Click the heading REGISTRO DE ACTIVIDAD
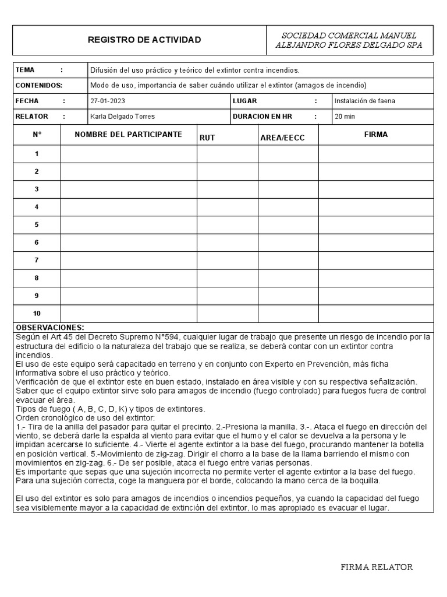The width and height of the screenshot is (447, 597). [144, 40]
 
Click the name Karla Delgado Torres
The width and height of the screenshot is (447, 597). [122, 117]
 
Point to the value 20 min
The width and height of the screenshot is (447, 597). [344, 117]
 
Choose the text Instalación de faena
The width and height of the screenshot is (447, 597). [365, 101]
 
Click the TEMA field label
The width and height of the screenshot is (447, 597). [25, 70]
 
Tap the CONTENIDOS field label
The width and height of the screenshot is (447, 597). [38, 85]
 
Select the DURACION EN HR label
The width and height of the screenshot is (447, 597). [262, 117]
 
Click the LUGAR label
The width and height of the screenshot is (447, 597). [244, 101]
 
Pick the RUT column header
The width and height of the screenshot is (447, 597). [208, 138]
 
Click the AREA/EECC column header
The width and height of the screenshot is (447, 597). [282, 138]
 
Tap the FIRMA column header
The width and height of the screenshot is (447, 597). [376, 135]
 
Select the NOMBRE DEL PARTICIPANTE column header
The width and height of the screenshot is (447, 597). [128, 135]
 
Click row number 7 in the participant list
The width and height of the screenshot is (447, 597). [37, 260]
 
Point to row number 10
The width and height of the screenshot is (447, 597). [37, 313]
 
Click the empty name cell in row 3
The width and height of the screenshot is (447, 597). [129, 189]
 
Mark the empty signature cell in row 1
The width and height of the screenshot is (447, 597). [376, 154]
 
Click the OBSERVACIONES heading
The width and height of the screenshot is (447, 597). [49, 327]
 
